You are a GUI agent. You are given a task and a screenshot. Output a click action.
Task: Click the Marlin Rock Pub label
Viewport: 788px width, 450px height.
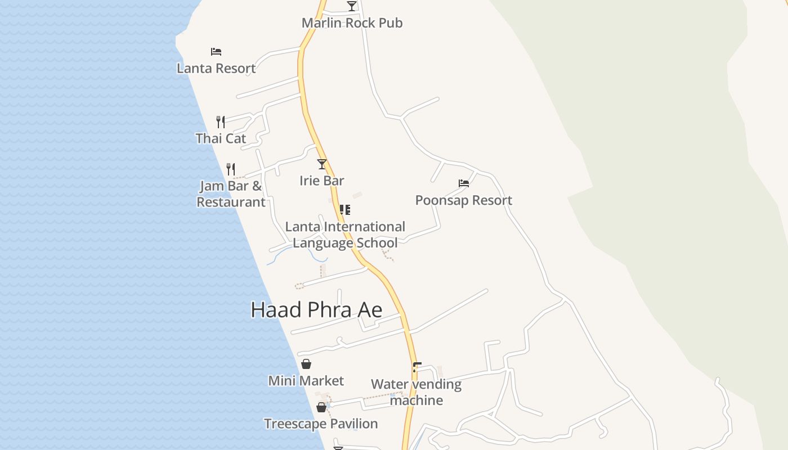(x=352, y=23)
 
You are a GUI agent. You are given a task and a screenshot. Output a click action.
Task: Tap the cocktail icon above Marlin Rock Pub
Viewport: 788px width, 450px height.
(x=352, y=6)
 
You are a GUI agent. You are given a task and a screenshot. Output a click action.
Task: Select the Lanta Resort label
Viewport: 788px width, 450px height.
(x=216, y=69)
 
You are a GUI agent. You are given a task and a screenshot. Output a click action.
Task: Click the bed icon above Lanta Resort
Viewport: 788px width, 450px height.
(x=216, y=52)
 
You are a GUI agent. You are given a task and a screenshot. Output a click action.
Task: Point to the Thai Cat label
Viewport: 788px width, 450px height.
(x=221, y=138)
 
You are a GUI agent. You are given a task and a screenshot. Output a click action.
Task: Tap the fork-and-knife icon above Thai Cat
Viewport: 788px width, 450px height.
(x=221, y=121)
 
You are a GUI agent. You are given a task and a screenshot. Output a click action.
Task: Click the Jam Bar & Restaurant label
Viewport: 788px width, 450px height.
(x=231, y=194)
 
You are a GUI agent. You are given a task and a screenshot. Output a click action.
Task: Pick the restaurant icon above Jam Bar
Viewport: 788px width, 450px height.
(x=230, y=169)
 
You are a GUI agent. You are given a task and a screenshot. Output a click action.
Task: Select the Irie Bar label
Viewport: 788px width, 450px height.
(x=321, y=181)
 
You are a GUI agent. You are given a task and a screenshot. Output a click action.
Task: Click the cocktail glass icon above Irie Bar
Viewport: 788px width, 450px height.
(x=322, y=164)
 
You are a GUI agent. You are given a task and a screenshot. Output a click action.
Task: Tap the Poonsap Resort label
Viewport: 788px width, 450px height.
(x=463, y=200)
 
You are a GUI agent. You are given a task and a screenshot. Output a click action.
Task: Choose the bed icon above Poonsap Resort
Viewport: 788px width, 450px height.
(x=464, y=183)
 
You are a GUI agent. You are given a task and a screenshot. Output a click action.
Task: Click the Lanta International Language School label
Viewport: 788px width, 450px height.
(x=345, y=235)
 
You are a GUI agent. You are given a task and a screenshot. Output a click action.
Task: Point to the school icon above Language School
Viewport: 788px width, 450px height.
(x=345, y=210)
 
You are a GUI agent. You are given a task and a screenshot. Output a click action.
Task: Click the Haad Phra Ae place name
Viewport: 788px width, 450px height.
(x=316, y=310)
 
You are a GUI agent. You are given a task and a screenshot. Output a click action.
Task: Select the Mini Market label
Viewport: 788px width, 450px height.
(x=306, y=381)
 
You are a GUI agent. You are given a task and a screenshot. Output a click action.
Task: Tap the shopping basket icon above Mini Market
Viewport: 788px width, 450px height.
(x=306, y=364)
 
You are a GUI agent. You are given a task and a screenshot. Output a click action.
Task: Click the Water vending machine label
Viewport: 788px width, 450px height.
(x=416, y=392)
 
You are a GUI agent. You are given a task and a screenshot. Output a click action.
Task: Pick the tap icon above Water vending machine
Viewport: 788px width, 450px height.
(x=417, y=367)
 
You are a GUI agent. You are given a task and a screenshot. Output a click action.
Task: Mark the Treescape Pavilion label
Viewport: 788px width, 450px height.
(x=321, y=424)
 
